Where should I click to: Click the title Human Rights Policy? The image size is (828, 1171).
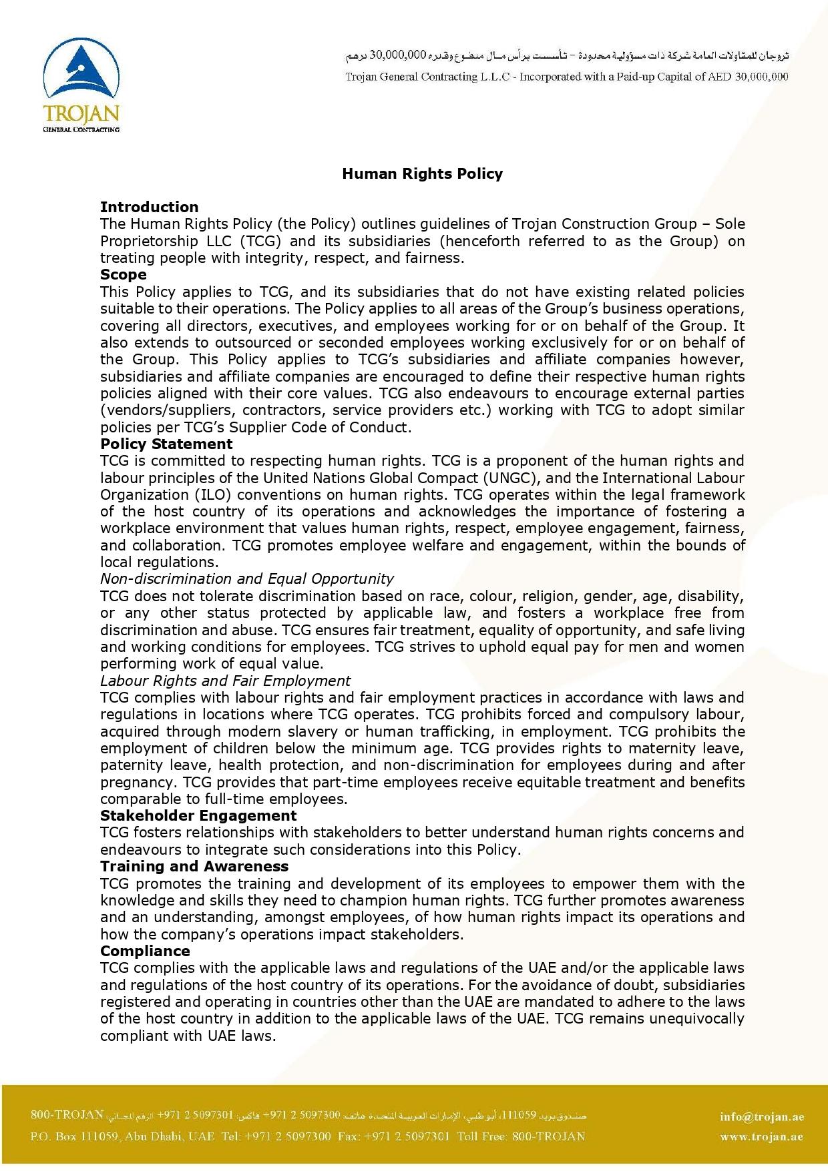(422, 174)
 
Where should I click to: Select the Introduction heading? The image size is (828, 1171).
(149, 207)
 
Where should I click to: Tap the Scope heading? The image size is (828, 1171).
(124, 275)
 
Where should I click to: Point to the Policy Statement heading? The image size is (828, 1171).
(166, 444)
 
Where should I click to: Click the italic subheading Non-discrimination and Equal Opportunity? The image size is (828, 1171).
(246, 579)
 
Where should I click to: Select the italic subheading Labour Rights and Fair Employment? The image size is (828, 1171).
(225, 681)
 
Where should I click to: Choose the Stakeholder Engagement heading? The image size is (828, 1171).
(198, 816)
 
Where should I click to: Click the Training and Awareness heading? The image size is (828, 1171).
(194, 867)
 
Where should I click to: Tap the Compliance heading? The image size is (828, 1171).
(145, 951)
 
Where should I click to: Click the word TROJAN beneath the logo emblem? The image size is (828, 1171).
(81, 112)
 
